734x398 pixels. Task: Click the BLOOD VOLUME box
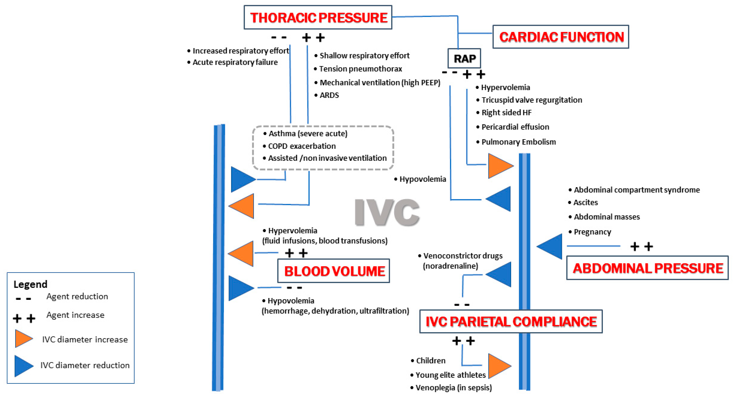pos(334,271)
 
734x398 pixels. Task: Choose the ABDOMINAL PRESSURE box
pos(647,268)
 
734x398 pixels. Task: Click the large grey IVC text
pos(387,212)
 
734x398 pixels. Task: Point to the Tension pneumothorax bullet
pos(360,69)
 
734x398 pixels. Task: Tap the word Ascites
pos(585,202)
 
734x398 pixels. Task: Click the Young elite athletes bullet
pos(450,375)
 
